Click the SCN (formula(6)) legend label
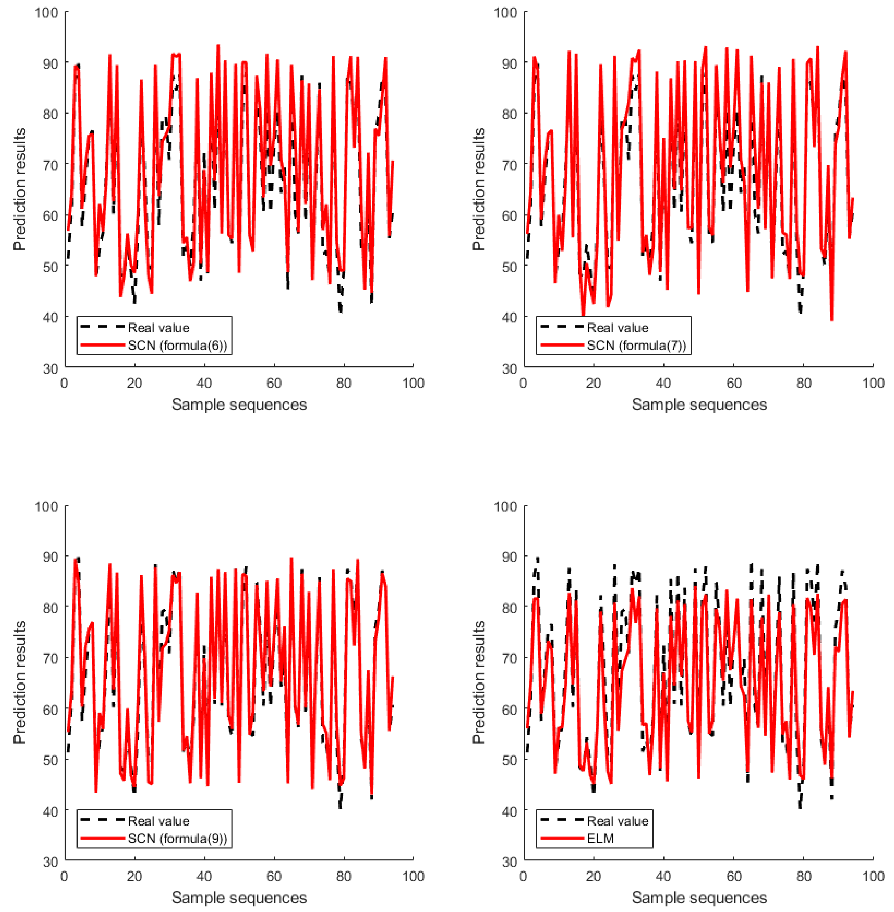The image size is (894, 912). [x=177, y=345]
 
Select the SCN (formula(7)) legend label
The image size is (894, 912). [x=637, y=345]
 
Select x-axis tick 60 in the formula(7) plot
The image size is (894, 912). [x=734, y=383]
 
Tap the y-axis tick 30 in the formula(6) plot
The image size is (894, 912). [x=50, y=369]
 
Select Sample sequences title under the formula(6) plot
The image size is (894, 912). [x=239, y=404]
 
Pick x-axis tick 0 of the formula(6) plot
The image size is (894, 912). [x=64, y=383]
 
